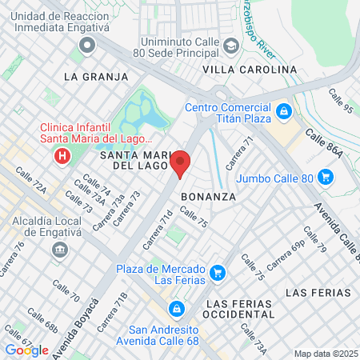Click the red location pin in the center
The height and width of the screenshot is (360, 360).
coord(181,162)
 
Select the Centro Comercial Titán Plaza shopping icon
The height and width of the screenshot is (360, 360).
coord(284,110)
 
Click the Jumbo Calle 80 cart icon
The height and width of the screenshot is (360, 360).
coord(325,177)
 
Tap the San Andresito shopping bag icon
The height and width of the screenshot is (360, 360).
coord(175,308)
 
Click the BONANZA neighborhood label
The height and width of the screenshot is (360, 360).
coord(208,196)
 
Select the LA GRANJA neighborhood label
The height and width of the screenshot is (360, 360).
coord(95,77)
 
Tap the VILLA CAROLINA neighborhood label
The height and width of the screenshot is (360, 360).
coord(250,70)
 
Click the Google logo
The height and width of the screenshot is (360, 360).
coord(26,350)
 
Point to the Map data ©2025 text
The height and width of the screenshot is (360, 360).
coord(326,354)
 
